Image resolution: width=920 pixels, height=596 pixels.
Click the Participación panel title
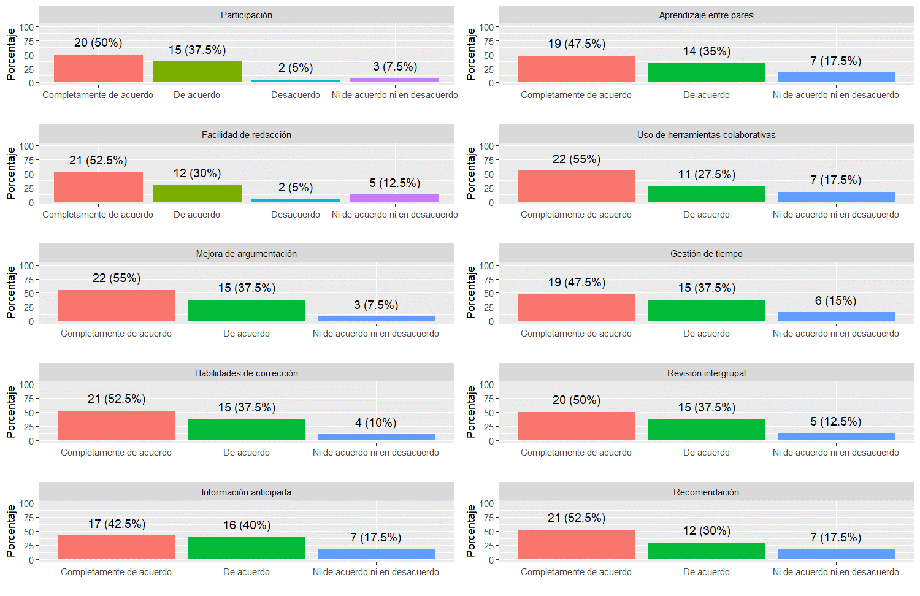(246, 15)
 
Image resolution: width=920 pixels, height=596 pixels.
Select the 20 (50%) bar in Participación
(98, 69)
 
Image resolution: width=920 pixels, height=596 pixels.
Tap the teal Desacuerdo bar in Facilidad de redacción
(296, 200)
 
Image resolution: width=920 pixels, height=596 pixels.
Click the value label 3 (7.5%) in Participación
(394, 66)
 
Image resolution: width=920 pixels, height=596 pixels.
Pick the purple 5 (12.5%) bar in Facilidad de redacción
(394, 198)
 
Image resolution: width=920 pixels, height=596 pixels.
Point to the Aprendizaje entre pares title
(706, 15)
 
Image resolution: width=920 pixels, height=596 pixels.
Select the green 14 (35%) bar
(706, 72)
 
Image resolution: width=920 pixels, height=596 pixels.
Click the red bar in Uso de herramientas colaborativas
(577, 186)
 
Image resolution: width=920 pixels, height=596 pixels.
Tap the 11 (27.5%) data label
(707, 175)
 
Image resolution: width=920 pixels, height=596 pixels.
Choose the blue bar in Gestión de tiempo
(836, 316)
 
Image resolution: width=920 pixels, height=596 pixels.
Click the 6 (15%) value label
(835, 301)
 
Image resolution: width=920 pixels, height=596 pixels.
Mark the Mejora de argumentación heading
(246, 254)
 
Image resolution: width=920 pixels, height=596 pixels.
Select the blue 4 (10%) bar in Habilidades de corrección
(376, 437)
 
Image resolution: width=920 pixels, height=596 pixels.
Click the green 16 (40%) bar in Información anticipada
(246, 548)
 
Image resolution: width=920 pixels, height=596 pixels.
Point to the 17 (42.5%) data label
(117, 524)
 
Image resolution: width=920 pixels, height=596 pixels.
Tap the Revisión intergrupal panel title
(706, 373)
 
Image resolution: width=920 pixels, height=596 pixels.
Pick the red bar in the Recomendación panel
(577, 544)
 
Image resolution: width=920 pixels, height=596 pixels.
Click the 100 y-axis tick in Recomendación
(486, 504)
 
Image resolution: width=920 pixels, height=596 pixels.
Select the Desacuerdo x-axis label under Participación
(296, 95)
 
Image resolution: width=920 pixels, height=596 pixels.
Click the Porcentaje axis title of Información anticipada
(11, 531)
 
